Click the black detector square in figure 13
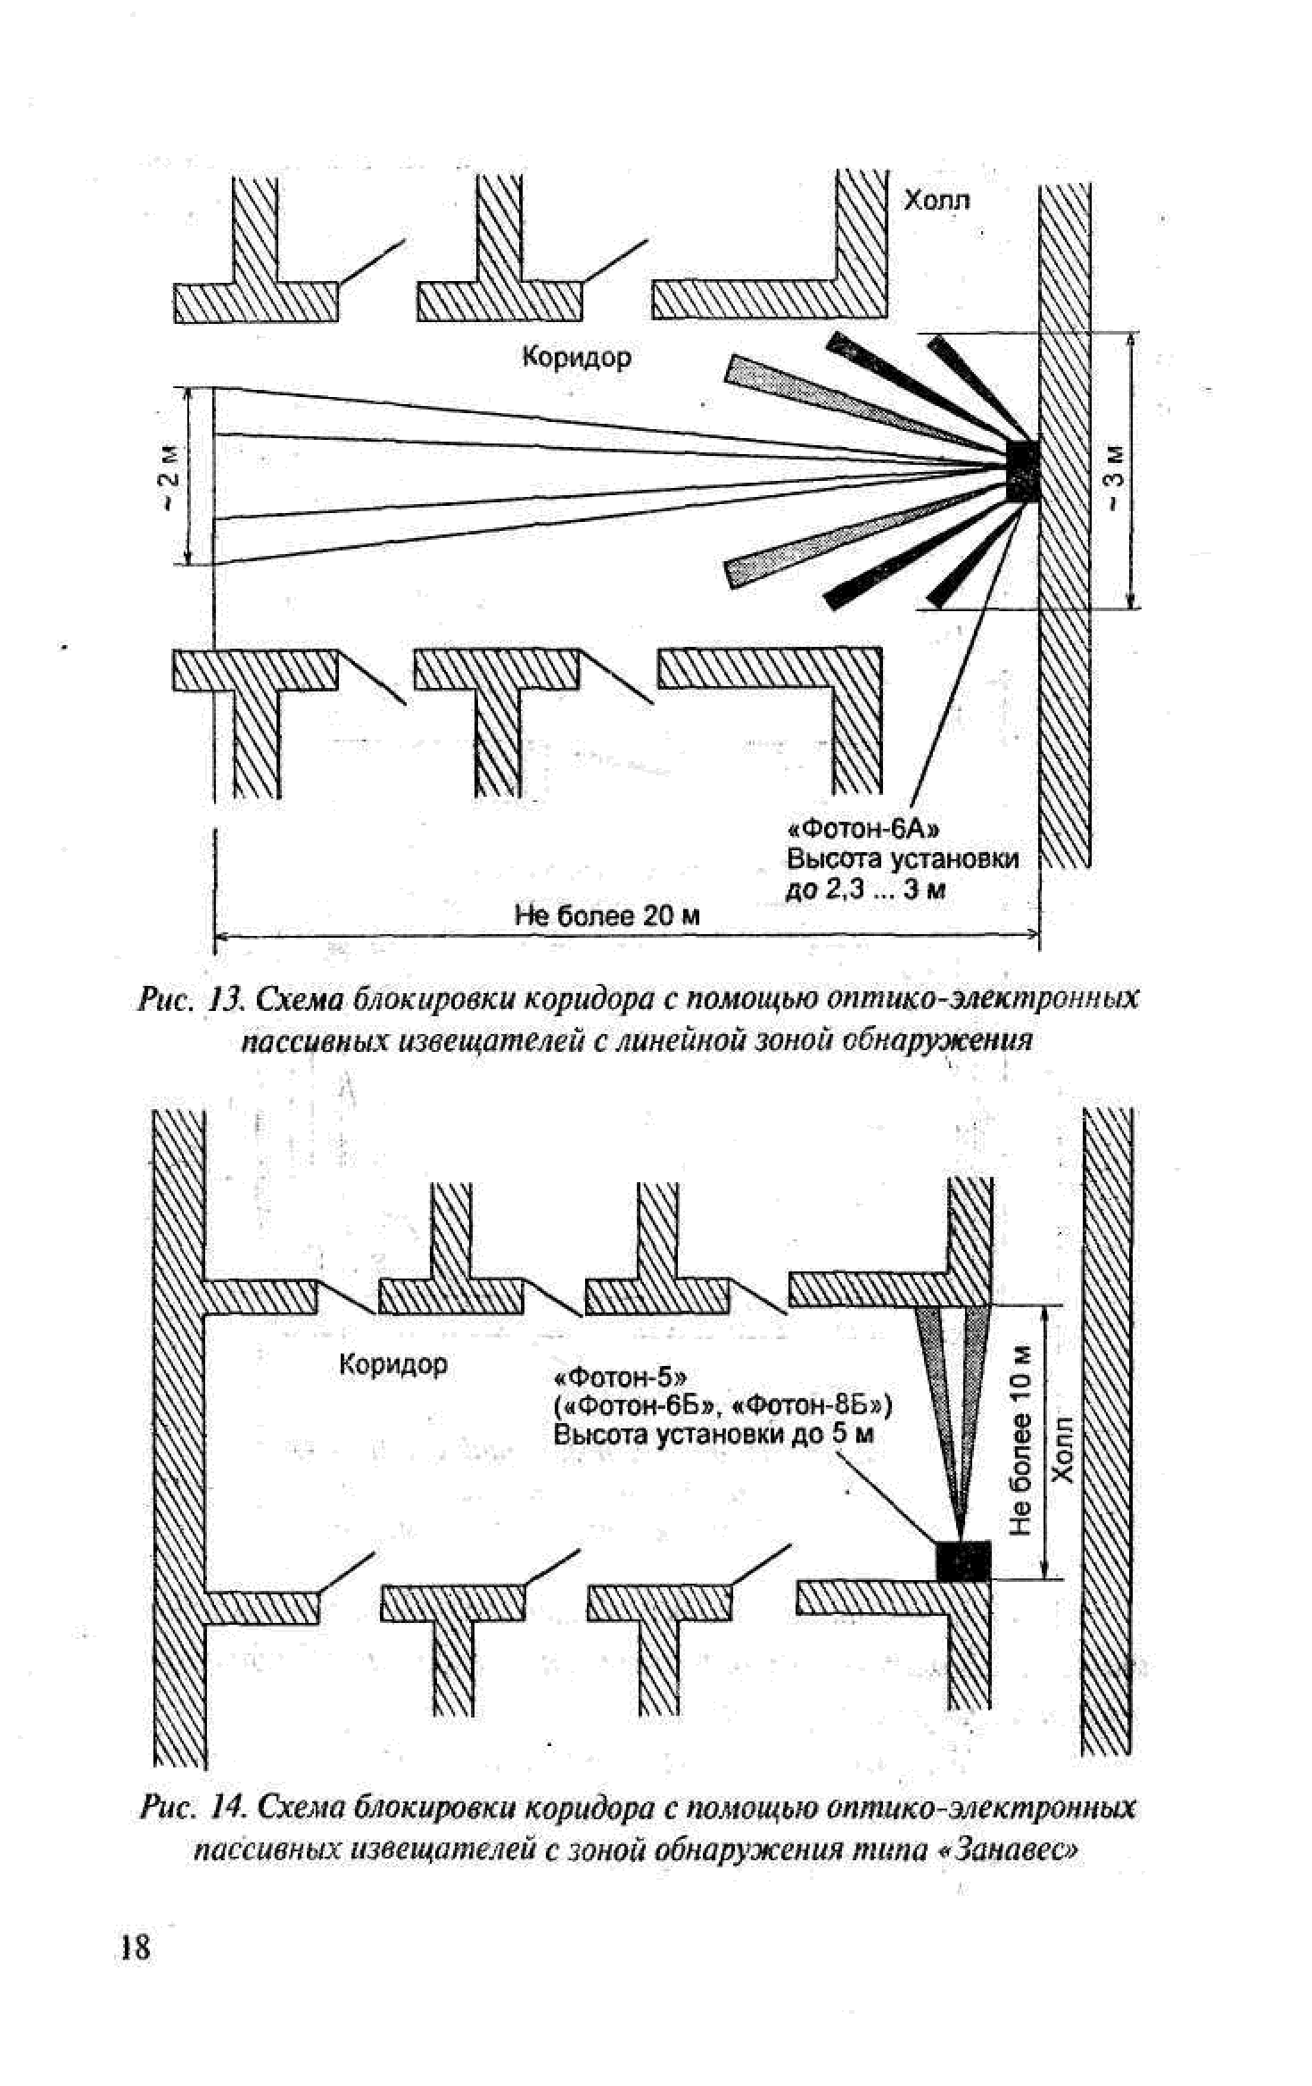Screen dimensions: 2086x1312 [1022, 469]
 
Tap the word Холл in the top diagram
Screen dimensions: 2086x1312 [937, 200]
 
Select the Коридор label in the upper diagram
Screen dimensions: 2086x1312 [576, 358]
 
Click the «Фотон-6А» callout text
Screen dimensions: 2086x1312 [862, 830]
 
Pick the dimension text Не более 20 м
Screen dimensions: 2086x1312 [607, 916]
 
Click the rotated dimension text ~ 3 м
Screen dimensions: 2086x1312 [1115, 478]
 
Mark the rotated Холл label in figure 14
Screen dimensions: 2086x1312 [1063, 1449]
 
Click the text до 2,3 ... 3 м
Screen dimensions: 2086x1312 [864, 890]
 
